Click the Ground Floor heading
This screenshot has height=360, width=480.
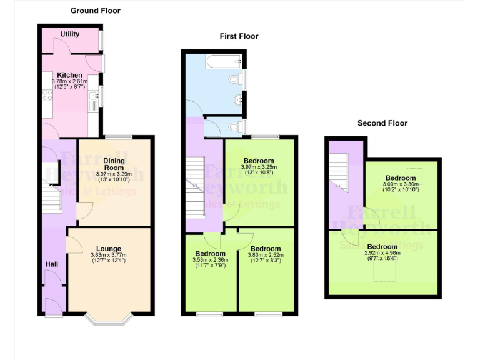pos(96,11)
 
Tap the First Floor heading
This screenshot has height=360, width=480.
pos(239,36)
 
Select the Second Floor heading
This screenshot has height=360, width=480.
pos(382,123)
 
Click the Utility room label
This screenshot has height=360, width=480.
pos(70,34)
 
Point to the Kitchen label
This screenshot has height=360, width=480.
pos(70,75)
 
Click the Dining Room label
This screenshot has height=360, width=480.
pos(114,165)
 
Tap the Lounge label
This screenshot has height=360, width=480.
pos(109,249)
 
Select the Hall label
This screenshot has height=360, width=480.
pos(52,264)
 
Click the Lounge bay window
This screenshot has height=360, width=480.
pos(109,320)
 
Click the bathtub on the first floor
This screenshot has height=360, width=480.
pos(223,61)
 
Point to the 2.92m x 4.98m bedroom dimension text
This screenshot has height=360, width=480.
pos(382,253)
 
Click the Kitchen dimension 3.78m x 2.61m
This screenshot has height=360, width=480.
pos(70,81)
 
